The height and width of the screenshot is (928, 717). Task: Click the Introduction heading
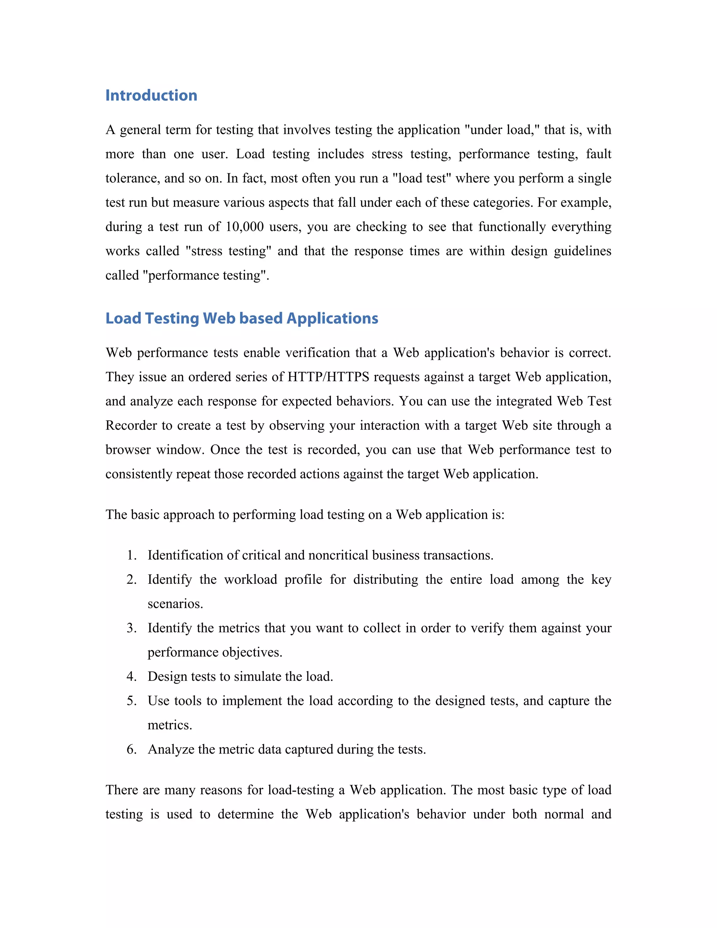(x=151, y=95)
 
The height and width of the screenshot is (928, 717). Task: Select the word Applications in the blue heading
(x=332, y=318)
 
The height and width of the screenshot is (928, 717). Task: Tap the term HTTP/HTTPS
(x=328, y=377)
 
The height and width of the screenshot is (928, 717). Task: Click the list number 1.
(x=132, y=555)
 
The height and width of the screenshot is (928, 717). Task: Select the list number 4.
(x=132, y=677)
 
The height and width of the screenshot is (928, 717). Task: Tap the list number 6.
(x=132, y=749)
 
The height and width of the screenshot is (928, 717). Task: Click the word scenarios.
(x=175, y=604)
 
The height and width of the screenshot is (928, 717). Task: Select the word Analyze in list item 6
(x=171, y=749)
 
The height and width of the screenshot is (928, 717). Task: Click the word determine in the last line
(x=245, y=814)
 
